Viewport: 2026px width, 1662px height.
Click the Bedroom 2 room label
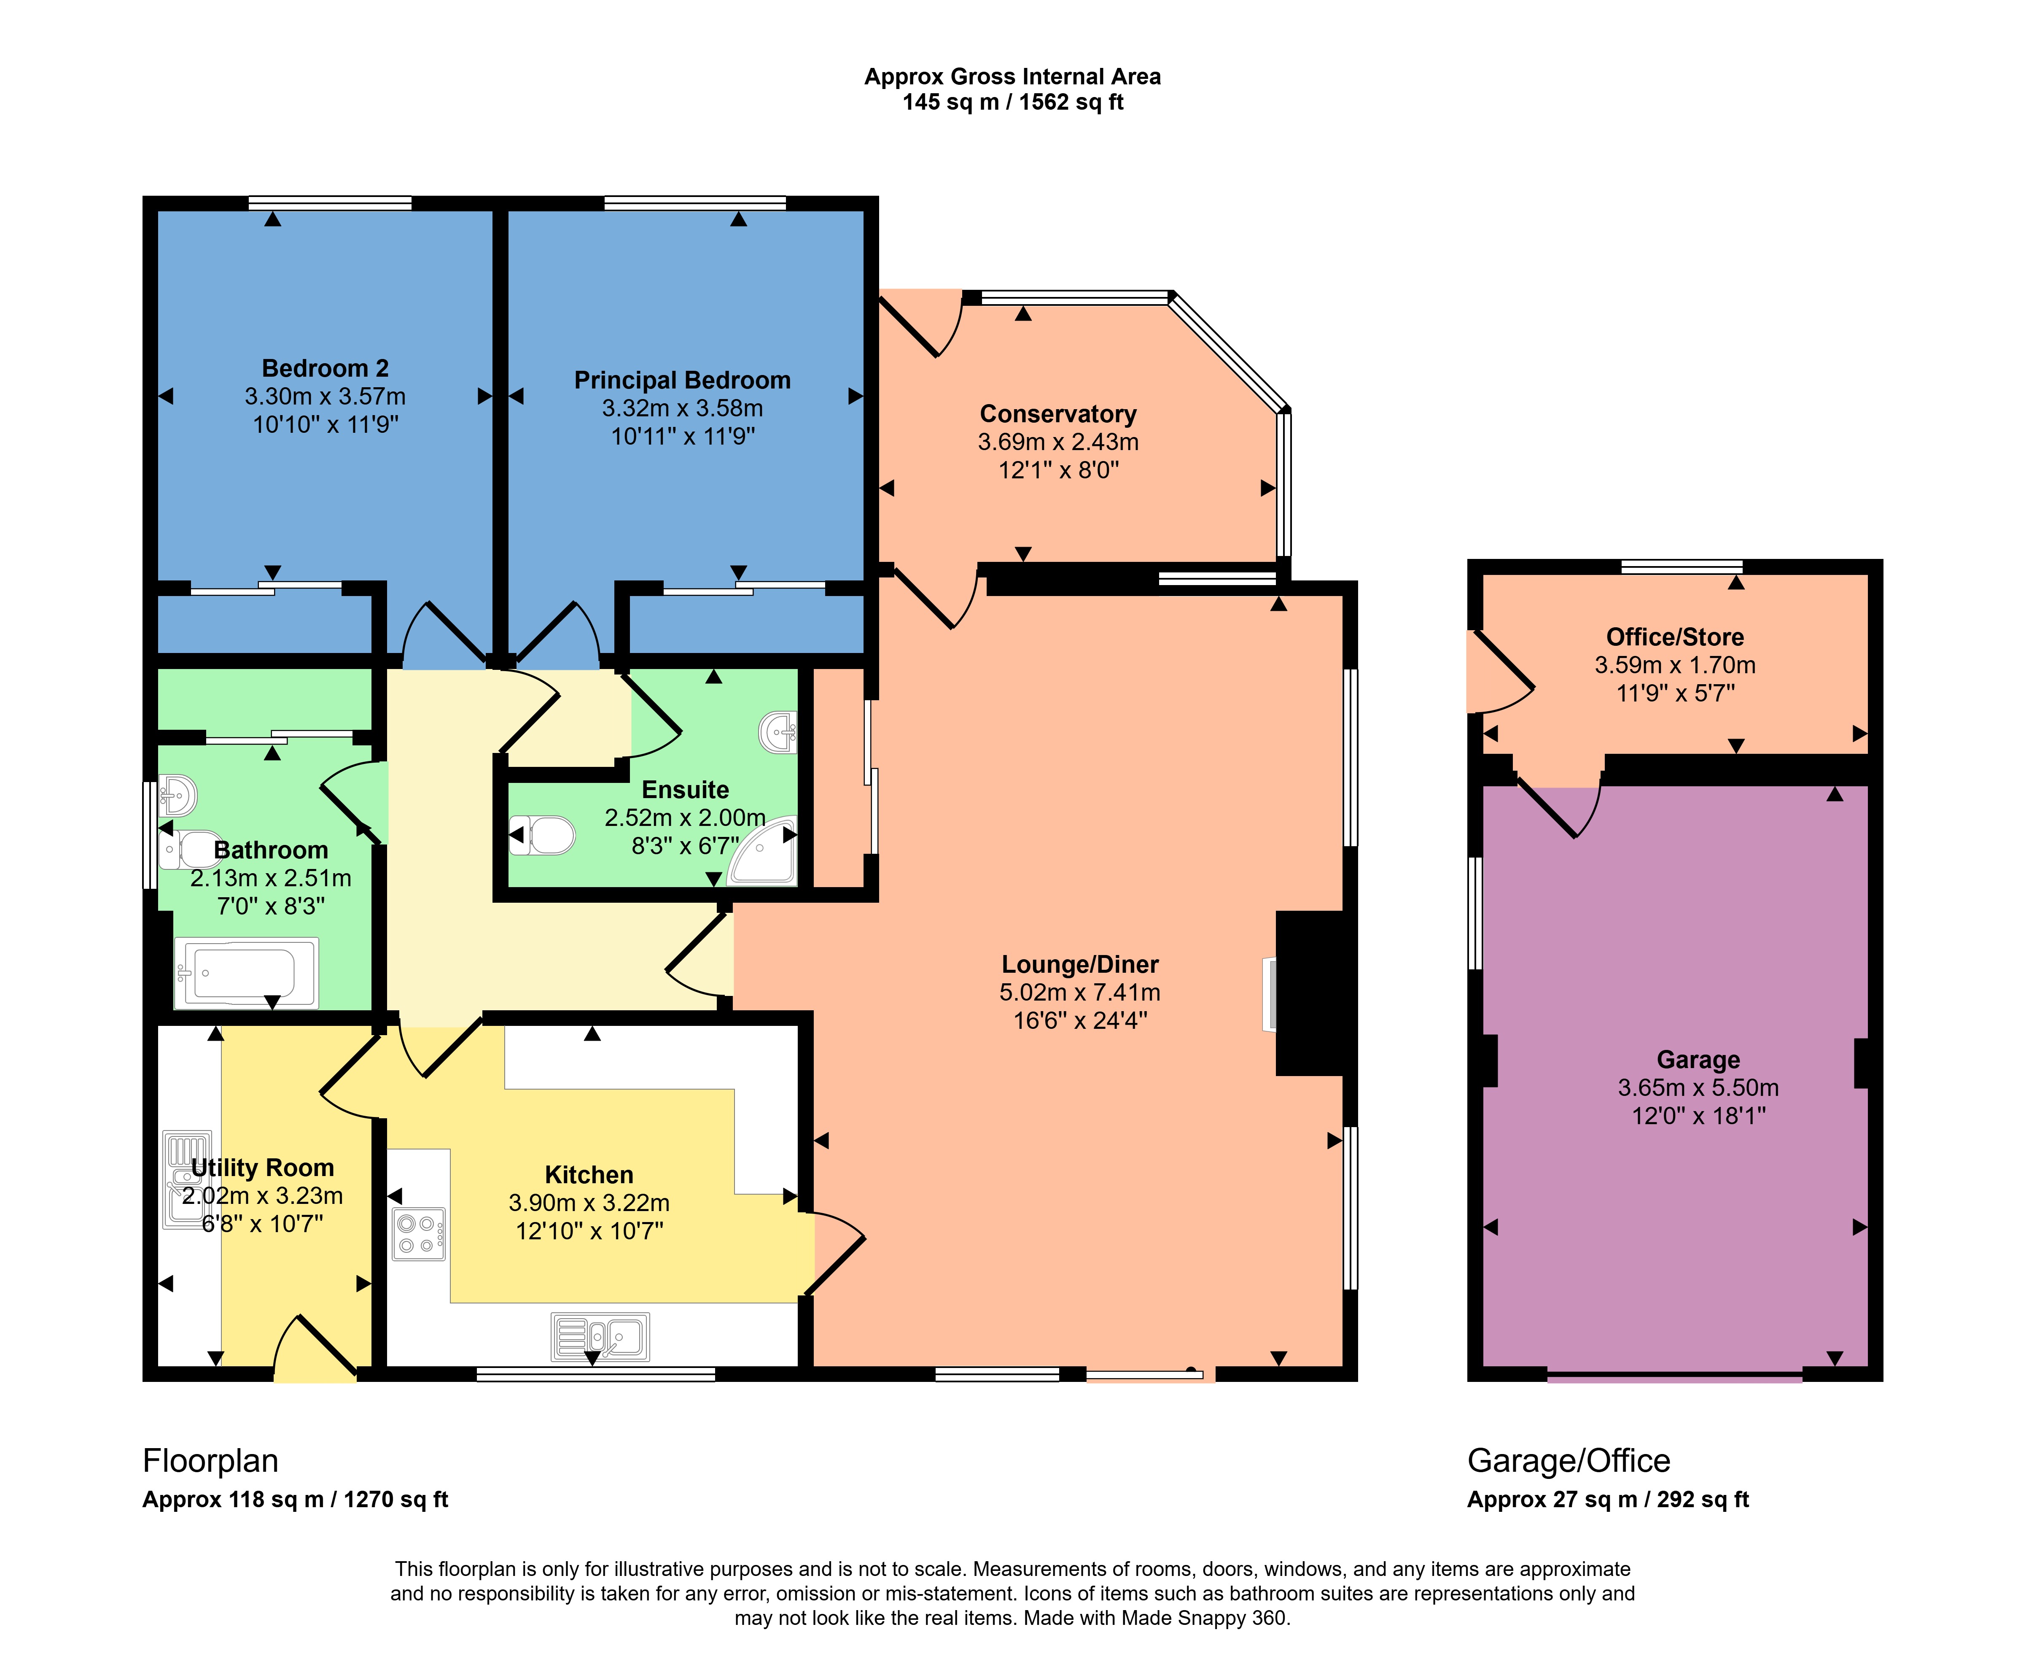(326, 369)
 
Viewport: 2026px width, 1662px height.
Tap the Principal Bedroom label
(682, 380)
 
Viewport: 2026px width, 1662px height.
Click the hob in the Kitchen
(419, 1234)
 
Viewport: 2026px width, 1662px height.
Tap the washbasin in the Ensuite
(778, 734)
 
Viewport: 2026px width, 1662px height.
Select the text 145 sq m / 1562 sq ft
(1012, 103)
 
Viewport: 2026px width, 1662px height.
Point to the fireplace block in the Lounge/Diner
(1310, 993)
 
